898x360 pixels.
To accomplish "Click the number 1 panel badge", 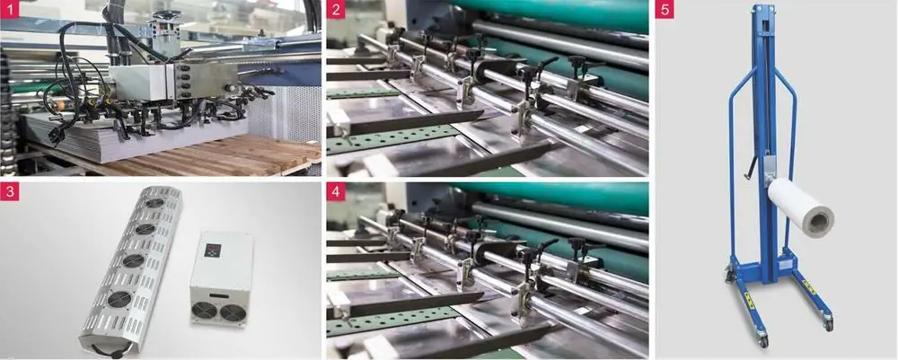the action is (x=9, y=9).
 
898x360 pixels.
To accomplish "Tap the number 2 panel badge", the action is (x=336, y=9).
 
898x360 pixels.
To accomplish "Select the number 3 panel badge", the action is (x=9, y=192).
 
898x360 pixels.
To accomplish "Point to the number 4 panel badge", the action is (x=336, y=192).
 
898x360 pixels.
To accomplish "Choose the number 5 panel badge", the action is (x=665, y=9).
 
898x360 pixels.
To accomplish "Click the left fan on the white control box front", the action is (x=204, y=311).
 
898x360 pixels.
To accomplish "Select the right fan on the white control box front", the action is (x=231, y=313).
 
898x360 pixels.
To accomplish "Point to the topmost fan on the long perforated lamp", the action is (x=154, y=203).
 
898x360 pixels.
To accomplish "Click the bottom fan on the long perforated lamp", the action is (x=119, y=299).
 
